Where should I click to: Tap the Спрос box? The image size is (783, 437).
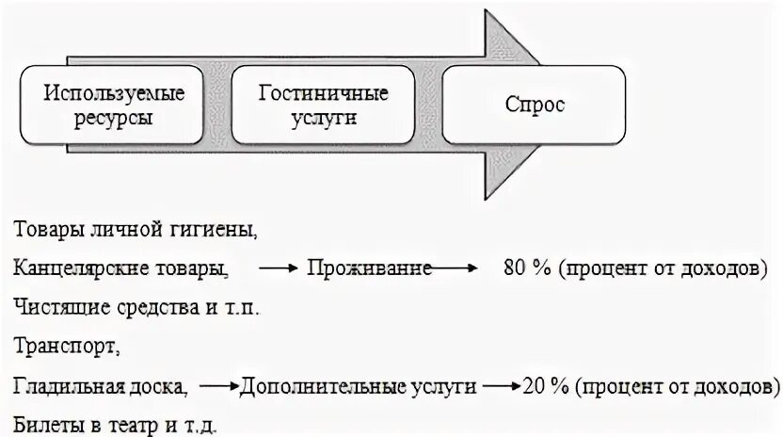point(535,105)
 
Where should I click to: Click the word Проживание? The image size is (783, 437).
point(370,268)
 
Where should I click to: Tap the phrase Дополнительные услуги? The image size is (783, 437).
point(359,386)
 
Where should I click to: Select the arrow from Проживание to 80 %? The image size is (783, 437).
point(455,269)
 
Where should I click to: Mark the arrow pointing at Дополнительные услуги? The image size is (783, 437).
point(220,387)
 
